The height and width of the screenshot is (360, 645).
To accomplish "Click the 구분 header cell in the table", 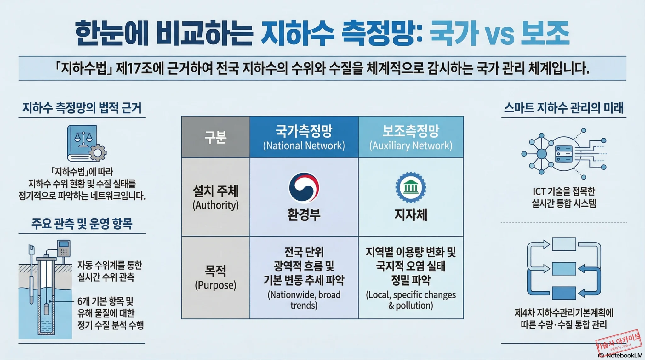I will tap(215, 137).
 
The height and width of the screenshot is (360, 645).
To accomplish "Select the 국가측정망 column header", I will tap(304, 137).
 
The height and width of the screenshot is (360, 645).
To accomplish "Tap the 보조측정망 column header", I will tap(411, 137).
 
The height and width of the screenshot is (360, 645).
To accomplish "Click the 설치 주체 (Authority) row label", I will tap(215, 197).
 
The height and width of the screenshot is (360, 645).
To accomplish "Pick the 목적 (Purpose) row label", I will tap(215, 277).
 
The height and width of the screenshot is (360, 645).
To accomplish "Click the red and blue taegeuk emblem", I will tap(304, 188).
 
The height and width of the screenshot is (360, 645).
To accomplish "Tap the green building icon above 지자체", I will tap(411, 188).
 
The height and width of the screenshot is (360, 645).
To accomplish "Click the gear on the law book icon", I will tap(98, 153).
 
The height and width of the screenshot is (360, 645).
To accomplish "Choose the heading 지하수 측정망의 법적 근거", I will tap(82, 108).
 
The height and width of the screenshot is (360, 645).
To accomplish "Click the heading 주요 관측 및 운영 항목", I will tap(82, 224).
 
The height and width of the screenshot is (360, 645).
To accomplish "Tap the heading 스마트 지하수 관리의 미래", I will tap(564, 108).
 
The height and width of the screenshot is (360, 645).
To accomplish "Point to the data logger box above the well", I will tap(64, 248).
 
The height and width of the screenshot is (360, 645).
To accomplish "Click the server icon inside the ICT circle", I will tap(564, 154).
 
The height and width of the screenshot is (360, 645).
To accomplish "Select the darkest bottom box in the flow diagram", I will tap(564, 293).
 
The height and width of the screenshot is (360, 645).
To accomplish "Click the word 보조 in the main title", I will tap(545, 33).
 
